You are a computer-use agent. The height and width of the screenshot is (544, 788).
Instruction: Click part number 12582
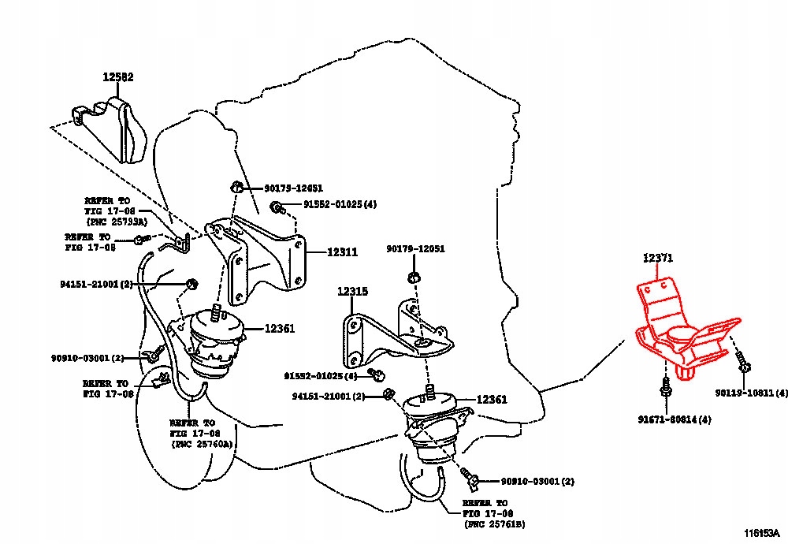[117, 77]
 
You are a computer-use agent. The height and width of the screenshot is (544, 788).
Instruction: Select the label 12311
[343, 253]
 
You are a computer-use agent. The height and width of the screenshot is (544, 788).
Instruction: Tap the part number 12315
[353, 292]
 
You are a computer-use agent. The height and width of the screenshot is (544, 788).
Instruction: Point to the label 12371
[657, 259]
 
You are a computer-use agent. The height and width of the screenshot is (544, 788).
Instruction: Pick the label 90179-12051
[415, 249]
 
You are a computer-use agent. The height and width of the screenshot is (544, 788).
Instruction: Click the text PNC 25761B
[496, 523]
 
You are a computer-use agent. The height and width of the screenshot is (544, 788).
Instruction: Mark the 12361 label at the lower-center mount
[491, 400]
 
